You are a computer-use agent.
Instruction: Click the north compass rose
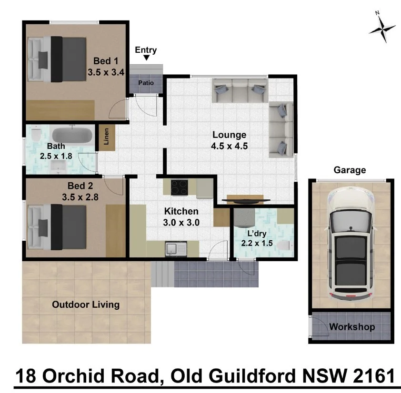tap(382, 29)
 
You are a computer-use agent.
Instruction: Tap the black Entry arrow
tap(146, 58)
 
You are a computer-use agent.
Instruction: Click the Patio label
tap(145, 83)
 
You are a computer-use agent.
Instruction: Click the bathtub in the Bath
tap(71, 136)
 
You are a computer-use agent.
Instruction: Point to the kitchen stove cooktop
tap(180, 187)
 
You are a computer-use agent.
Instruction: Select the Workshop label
tap(352, 327)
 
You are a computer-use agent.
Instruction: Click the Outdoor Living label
tap(86, 305)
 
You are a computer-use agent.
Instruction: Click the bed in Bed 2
tap(56, 226)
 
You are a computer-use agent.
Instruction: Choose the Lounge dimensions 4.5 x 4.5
tap(229, 146)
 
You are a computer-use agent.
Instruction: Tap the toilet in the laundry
tap(284, 246)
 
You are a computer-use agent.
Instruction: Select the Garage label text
tap(350, 170)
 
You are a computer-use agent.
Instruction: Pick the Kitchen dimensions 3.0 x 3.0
tap(181, 222)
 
